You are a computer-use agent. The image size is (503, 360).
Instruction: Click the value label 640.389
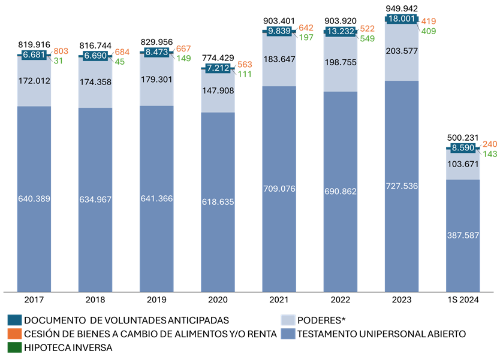click(34, 199)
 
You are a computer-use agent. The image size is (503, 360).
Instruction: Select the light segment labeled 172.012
click(34, 81)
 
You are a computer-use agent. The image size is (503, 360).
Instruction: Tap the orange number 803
click(61, 52)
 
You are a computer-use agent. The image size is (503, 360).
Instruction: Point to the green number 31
click(58, 61)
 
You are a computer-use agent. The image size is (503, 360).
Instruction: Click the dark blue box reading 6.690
click(95, 55)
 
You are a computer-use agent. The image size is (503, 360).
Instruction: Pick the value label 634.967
click(95, 199)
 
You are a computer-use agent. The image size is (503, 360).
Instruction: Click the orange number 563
click(245, 64)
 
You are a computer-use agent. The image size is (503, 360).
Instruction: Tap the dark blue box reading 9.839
click(279, 31)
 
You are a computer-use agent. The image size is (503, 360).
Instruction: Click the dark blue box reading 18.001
click(402, 19)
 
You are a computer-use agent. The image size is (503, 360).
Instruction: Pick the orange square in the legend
click(14, 334)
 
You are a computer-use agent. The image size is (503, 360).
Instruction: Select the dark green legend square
click(14, 347)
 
